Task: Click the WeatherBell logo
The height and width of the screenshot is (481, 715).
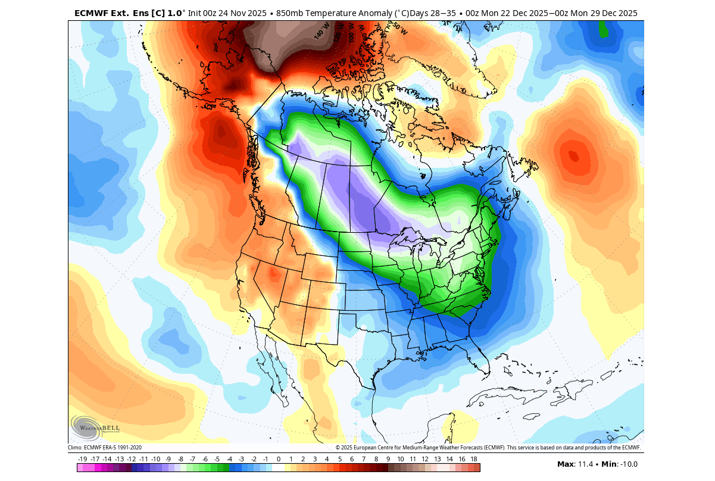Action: click(95, 427)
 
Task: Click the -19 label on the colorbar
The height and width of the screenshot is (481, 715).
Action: click(82, 459)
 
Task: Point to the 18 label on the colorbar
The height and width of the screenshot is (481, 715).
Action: click(474, 459)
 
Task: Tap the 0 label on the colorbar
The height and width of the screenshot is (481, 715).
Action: click(278, 459)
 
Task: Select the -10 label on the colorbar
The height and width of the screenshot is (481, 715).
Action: click(156, 459)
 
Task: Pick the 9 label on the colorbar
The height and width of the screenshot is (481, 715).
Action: click(388, 459)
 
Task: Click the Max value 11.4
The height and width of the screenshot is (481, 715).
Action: click(577, 464)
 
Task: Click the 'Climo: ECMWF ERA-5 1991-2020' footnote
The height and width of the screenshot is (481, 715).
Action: click(105, 448)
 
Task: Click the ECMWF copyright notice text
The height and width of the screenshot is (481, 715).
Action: click(488, 448)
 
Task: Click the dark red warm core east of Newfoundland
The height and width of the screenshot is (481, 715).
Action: click(573, 156)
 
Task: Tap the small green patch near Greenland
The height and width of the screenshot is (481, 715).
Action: click(603, 29)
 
